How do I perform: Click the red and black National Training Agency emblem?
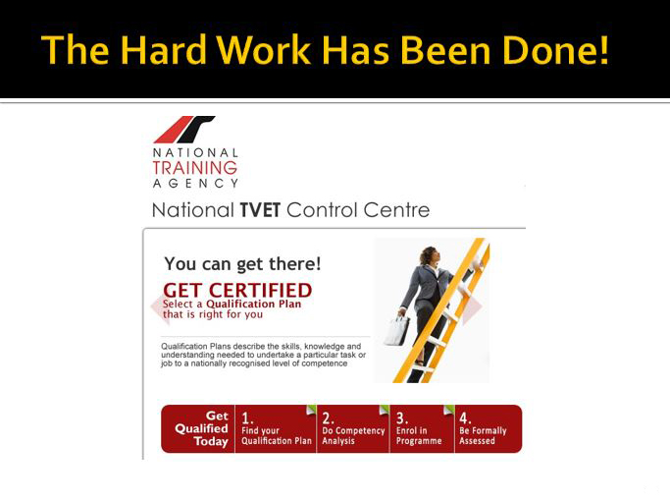[x=184, y=130]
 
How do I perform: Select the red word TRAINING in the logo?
[x=195, y=168]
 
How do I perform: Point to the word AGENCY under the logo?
[x=195, y=184]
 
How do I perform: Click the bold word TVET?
[x=260, y=210]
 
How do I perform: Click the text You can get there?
[x=242, y=264]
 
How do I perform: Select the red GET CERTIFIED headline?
[x=237, y=291]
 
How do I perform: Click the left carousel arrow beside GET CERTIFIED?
[x=159, y=306]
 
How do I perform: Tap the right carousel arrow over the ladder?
[x=474, y=306]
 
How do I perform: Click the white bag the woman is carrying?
[x=396, y=330]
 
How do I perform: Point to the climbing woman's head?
[x=429, y=255]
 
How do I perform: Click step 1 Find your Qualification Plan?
[x=276, y=428]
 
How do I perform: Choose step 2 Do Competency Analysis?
[x=353, y=428]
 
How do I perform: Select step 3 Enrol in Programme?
[x=422, y=428]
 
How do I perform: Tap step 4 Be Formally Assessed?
[x=488, y=428]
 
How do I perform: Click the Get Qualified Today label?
[x=202, y=428]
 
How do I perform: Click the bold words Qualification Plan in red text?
[x=254, y=304]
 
